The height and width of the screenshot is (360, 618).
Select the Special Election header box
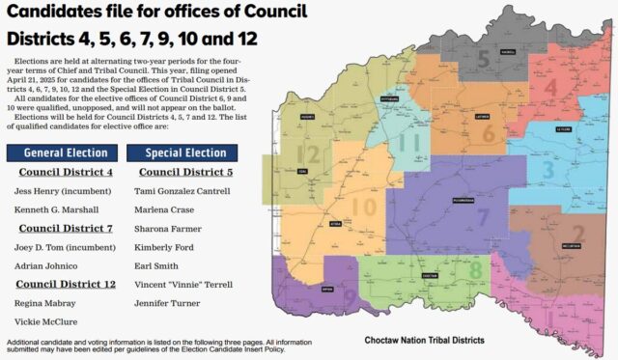(x=185, y=152)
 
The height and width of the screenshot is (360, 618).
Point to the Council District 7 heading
(x=65, y=229)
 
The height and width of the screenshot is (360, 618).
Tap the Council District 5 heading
(x=184, y=173)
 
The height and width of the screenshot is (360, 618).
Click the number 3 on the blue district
(x=548, y=170)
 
